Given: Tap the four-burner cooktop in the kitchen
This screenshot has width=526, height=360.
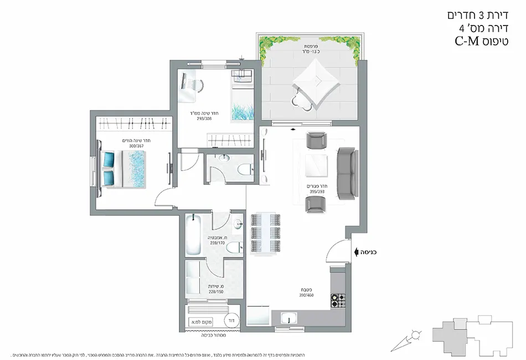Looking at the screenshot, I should pos(338,301).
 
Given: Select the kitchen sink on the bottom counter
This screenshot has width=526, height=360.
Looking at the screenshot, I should pos(288,318).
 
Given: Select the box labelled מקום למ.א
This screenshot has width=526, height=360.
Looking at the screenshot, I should pos(197,322).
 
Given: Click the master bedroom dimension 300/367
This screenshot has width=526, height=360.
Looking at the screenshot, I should pos(136,146).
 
